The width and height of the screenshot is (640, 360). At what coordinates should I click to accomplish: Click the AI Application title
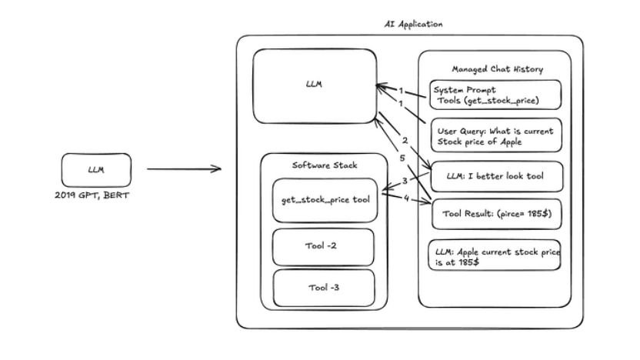click(413, 24)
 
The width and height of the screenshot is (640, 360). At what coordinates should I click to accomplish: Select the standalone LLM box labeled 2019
click(96, 170)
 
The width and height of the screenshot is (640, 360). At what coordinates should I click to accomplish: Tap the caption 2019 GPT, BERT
click(92, 195)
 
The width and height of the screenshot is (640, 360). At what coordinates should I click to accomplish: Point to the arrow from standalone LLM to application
click(184, 168)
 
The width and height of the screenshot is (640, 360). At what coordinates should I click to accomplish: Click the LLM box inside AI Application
click(315, 86)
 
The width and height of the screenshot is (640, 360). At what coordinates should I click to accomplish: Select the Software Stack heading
click(325, 165)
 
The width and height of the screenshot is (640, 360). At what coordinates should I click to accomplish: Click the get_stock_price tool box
click(325, 200)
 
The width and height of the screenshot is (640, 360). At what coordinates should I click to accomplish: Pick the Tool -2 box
click(323, 247)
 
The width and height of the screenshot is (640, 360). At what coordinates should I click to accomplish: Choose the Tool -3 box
click(324, 288)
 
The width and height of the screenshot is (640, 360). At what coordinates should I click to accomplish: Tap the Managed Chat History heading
click(497, 69)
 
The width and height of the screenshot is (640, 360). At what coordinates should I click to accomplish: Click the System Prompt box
click(495, 95)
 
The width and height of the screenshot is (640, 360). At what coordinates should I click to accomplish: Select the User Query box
click(496, 135)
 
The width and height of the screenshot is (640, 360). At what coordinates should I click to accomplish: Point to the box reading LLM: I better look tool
click(497, 176)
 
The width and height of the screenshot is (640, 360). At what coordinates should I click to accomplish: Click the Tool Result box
click(497, 214)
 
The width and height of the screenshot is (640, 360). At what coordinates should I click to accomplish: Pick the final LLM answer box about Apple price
click(495, 255)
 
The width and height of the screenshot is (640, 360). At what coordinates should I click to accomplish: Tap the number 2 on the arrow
click(405, 141)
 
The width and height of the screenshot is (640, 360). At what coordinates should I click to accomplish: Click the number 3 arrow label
click(405, 181)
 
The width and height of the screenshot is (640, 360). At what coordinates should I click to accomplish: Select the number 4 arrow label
click(406, 198)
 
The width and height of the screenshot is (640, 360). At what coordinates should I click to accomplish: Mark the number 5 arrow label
click(402, 158)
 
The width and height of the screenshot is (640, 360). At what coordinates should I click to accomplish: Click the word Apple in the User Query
click(511, 142)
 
